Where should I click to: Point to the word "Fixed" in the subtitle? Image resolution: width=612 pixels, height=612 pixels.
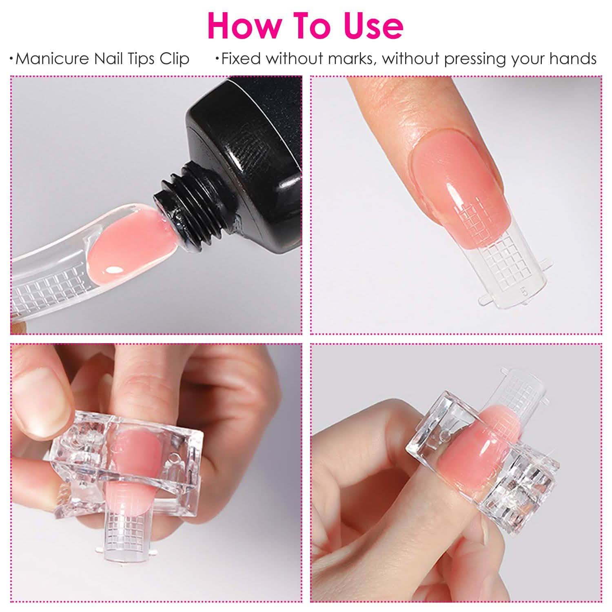(241, 59)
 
